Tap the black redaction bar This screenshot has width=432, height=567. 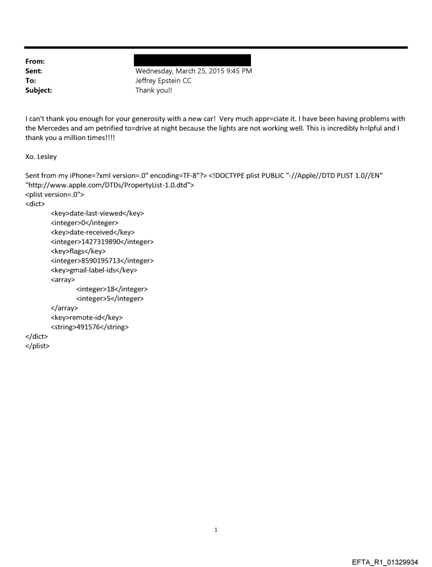point(192,60)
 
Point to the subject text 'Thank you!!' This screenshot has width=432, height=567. point(154,90)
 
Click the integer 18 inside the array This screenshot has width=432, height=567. point(112,289)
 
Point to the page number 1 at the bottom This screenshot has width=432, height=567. point(216,529)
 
